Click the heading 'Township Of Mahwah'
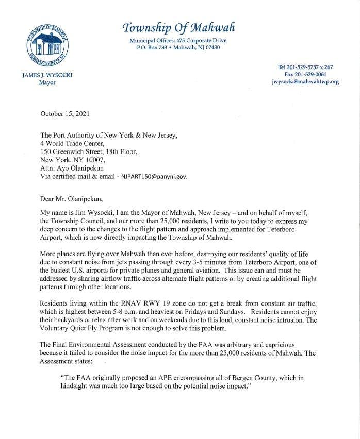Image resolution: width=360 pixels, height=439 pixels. point(172,27)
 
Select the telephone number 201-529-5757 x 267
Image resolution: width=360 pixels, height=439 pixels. point(305,67)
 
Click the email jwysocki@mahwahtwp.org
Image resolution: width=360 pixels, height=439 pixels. point(305,81)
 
